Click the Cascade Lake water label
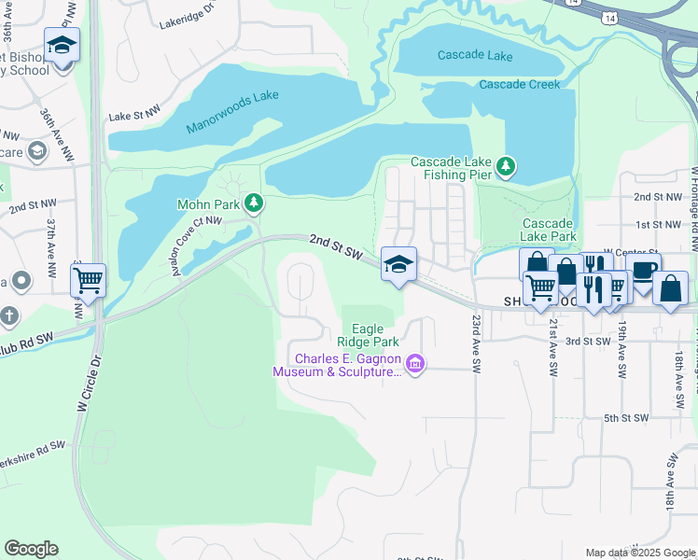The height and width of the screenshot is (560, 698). (475, 55)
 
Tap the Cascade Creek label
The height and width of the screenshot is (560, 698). (519, 84)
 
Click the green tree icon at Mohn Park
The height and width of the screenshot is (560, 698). (252, 203)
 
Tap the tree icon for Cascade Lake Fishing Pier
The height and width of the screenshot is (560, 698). (506, 167)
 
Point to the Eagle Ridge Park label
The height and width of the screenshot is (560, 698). (374, 335)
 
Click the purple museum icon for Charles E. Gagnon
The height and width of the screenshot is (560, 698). (416, 364)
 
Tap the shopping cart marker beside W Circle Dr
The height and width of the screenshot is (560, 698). (88, 280)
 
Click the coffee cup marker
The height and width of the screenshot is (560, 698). (644, 271)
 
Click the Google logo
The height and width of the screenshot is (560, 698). (31, 549)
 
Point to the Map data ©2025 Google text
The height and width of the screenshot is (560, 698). (640, 553)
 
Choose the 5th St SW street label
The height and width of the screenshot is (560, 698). (625, 417)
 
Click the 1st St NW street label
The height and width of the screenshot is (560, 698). (659, 225)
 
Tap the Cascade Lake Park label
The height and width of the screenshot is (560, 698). (547, 230)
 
